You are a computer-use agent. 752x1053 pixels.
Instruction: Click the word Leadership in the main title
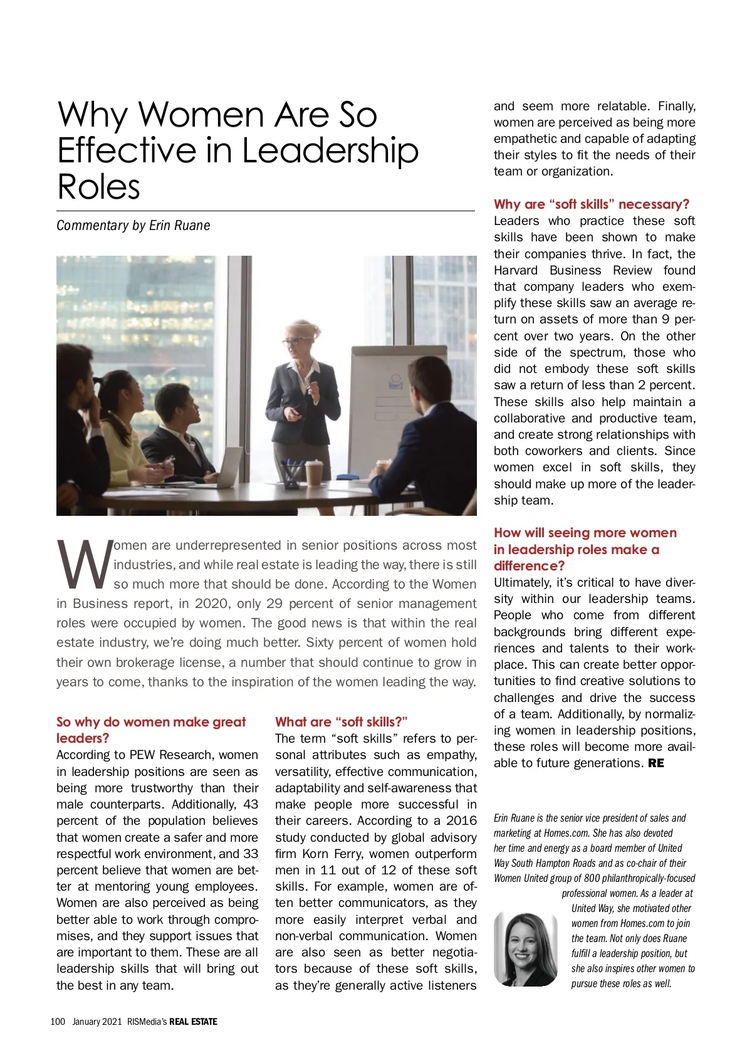(330, 150)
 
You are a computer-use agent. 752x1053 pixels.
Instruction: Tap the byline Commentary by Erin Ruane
(133, 226)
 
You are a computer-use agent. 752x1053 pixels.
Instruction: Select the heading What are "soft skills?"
(342, 721)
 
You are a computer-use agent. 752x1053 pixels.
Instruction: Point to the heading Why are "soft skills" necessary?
(591, 204)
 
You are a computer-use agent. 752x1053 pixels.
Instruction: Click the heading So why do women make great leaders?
(150, 730)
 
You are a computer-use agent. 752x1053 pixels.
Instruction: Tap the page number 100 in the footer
(58, 1022)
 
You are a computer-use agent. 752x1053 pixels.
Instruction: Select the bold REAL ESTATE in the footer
(193, 1022)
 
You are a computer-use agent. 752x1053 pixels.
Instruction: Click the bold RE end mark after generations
(656, 763)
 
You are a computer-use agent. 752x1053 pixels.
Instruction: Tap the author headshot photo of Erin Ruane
(525, 948)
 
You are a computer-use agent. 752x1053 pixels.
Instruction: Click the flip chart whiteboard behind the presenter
(382, 401)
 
